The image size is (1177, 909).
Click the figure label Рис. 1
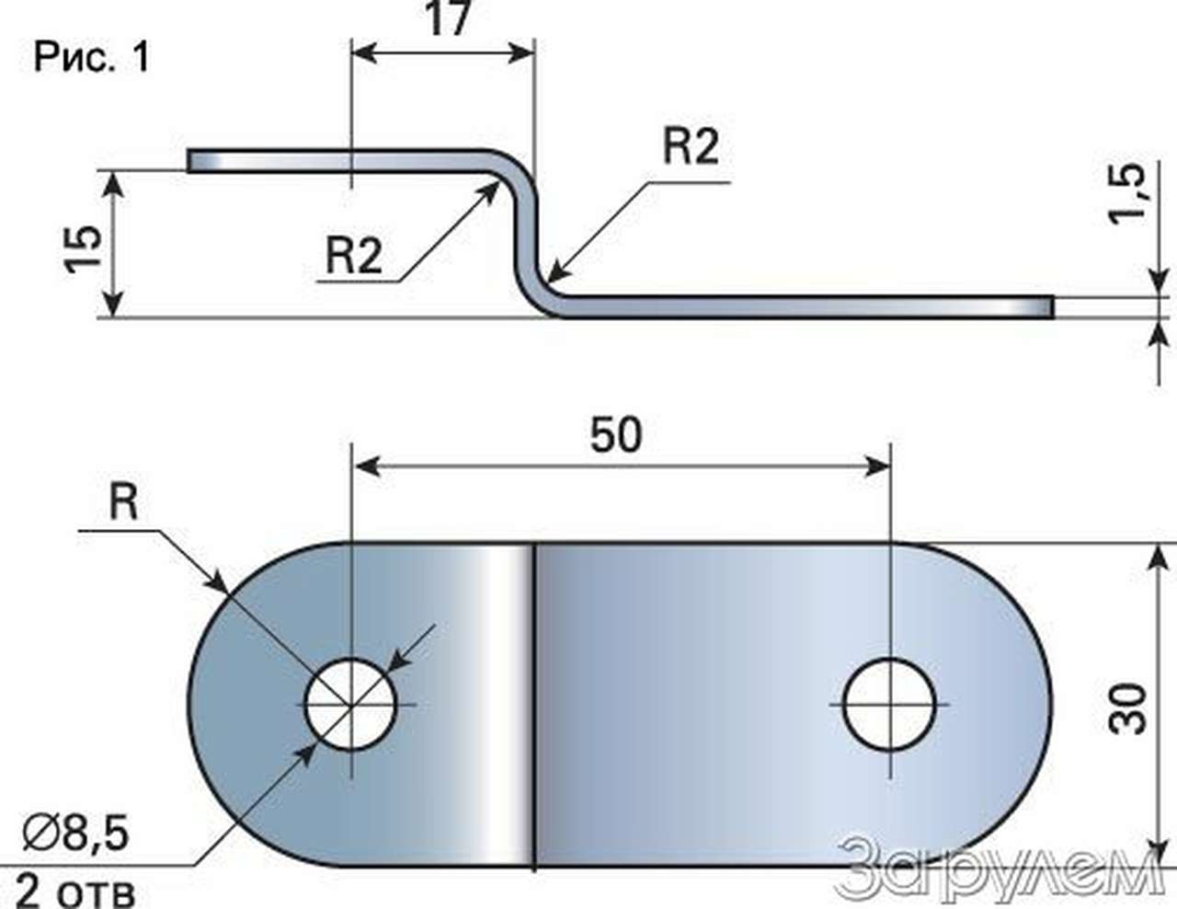tap(91, 57)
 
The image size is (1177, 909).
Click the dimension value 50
tap(616, 435)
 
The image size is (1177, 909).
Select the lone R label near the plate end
tap(124, 502)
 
